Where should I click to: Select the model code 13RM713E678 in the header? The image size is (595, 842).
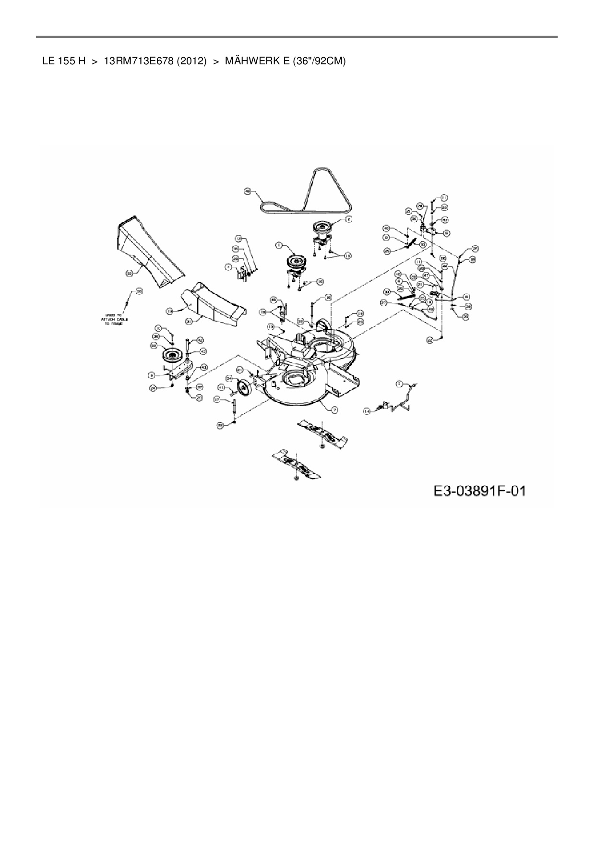[138, 61]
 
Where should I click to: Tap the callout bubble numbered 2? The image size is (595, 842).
[349, 219]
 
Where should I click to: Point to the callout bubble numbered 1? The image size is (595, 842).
[278, 245]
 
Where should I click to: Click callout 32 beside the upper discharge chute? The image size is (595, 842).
[129, 273]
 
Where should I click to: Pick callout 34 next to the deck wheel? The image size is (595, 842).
[229, 379]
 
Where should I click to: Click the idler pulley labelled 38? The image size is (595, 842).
[170, 355]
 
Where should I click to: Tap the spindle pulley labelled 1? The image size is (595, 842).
[293, 263]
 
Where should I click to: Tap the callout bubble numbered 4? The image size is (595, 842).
[229, 267]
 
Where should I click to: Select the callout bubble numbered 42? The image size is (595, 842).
[201, 339]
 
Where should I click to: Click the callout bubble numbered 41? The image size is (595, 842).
[222, 387]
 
